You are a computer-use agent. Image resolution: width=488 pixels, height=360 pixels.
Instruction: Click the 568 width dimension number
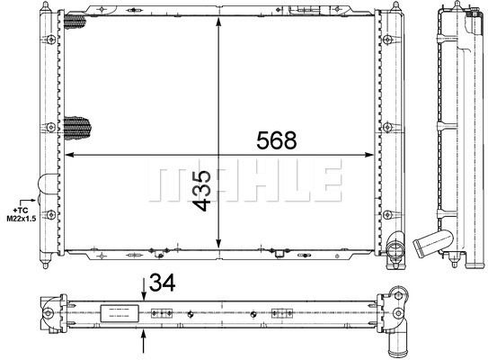277,140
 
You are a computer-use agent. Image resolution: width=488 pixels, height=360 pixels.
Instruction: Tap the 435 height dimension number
201,191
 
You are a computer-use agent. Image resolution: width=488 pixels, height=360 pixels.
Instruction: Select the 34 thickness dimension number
162,283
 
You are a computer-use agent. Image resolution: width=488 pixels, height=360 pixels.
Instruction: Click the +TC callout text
21,211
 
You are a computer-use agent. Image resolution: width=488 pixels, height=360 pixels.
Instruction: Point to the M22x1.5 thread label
22,219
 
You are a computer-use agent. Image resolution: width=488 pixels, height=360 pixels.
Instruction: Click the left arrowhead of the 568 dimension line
69,154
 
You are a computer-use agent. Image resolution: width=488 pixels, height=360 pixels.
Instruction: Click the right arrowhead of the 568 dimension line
368,155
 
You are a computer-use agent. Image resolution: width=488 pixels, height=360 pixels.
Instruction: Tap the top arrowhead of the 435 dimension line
218,22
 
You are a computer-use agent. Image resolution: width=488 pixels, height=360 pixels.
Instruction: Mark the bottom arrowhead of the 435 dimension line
218,244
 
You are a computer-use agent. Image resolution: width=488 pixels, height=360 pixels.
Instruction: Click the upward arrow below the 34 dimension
144,341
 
